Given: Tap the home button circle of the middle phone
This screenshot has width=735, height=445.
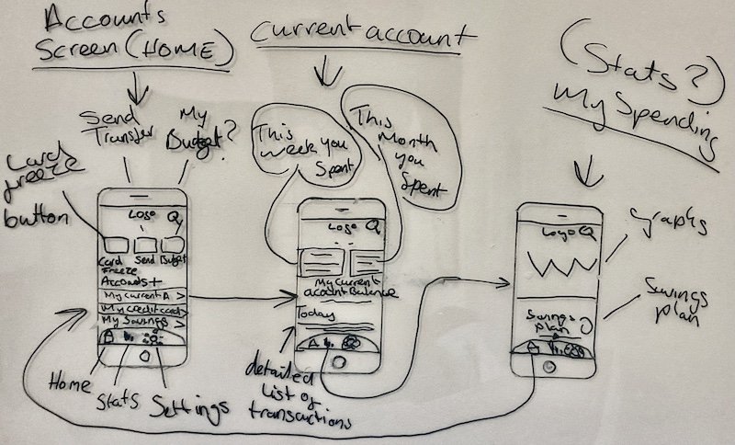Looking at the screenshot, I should tap(338, 361).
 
